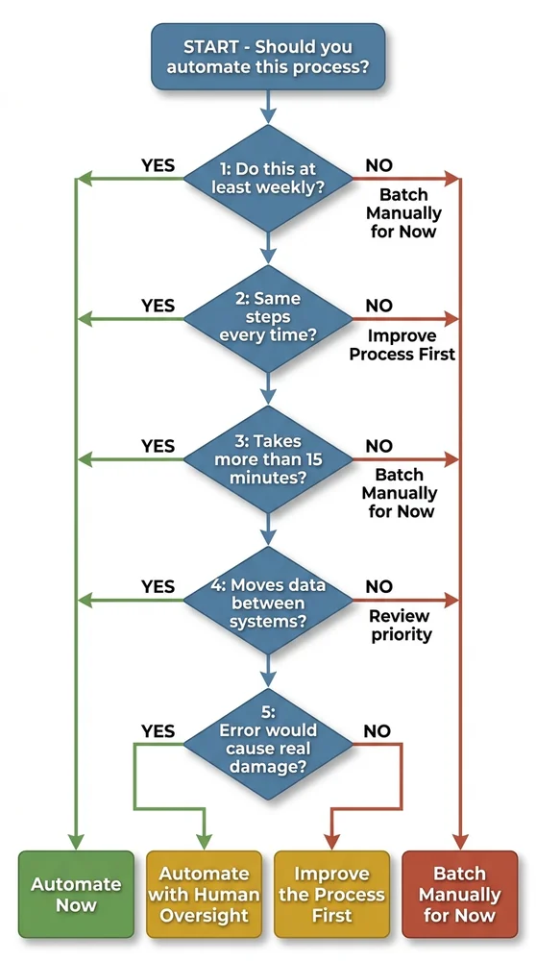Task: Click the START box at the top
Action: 268,56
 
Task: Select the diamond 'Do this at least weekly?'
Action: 268,179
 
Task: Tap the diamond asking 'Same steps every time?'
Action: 268,318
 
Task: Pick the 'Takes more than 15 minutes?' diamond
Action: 268,459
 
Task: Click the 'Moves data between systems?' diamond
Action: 268,600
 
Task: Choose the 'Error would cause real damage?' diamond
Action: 268,740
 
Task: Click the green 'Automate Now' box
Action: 76,894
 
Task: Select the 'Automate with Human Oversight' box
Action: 204,894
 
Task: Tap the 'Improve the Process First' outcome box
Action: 331,894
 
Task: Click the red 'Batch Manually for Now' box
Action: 460,894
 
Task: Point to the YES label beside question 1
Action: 158,165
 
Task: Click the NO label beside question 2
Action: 378,306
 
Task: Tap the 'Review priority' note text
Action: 402,625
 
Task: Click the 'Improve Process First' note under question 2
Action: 402,345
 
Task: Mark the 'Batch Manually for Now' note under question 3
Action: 402,493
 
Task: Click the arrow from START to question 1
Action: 268,106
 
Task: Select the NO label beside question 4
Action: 378,586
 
